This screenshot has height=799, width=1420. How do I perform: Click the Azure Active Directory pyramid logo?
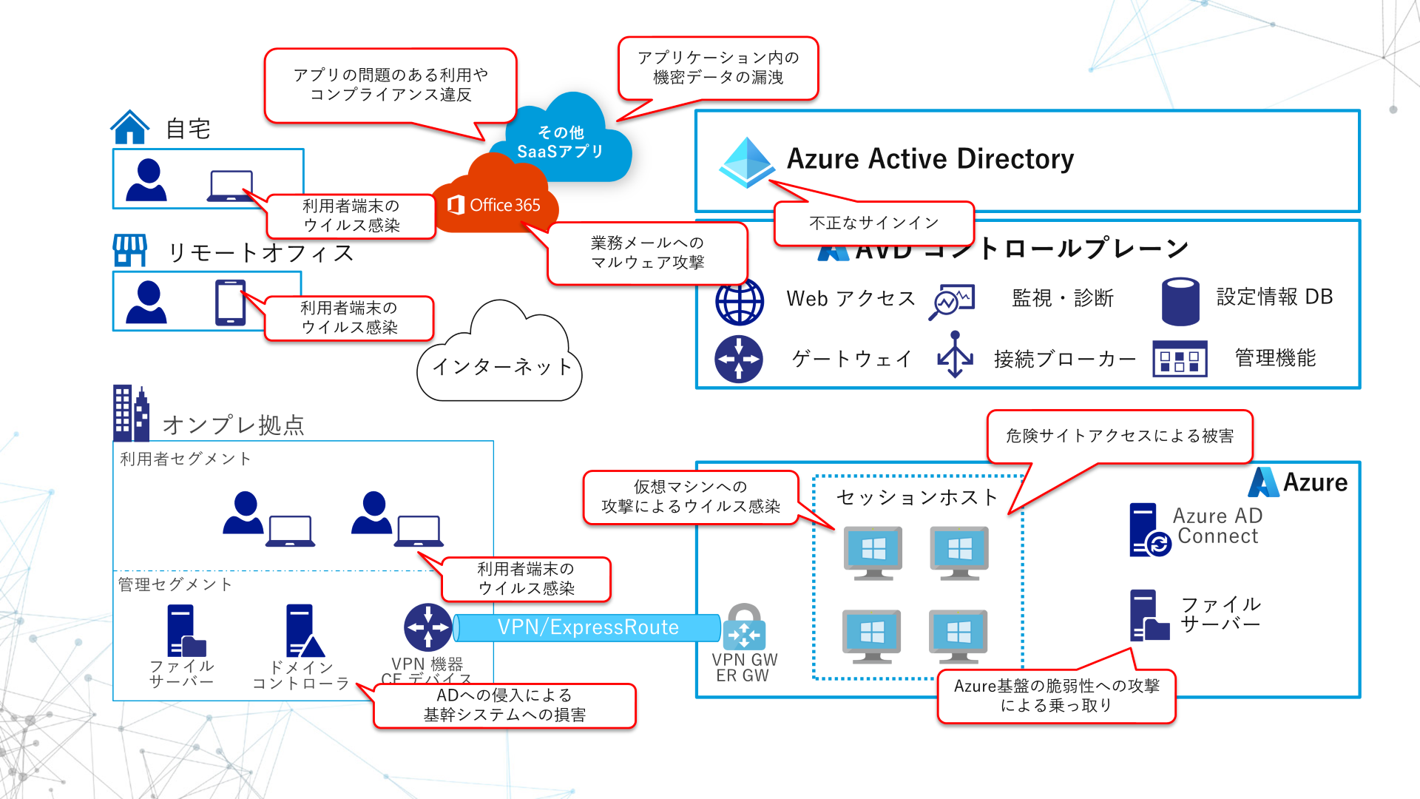pos(746,161)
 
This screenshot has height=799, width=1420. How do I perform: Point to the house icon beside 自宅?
pos(130,127)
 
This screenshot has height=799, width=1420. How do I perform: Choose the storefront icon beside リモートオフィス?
pos(130,250)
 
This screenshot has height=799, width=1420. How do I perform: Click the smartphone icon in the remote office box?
pos(230,302)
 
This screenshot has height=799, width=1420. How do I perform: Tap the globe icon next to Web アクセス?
pos(739,302)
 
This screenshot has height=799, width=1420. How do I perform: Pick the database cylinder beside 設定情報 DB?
pos(1180,301)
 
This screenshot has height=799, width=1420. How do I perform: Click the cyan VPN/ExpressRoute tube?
pos(587,627)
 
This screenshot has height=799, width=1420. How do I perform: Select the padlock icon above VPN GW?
pos(744,627)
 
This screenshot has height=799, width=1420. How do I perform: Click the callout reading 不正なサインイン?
pos(873,223)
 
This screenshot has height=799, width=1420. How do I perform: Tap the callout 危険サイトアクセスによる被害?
pos(1119,436)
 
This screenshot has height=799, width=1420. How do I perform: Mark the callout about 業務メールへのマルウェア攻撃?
pos(647,253)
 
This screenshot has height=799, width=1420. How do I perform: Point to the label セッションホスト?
pos(916,498)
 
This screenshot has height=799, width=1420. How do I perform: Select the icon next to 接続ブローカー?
pos(955,355)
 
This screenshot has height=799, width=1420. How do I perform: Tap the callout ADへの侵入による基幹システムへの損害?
pos(504,705)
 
